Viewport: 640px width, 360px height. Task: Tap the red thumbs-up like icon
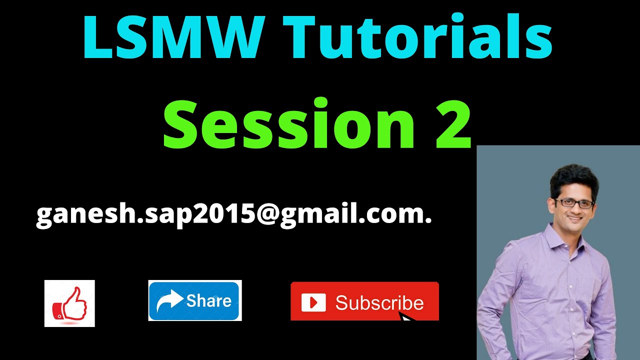click(69, 303)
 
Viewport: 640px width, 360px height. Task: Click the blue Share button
click(195, 300)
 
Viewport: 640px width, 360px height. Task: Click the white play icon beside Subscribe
click(313, 302)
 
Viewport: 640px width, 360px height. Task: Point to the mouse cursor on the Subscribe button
click(407, 317)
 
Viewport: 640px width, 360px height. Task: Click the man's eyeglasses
click(574, 203)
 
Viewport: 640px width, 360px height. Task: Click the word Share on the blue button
click(208, 300)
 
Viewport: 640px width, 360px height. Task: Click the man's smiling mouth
click(575, 218)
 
